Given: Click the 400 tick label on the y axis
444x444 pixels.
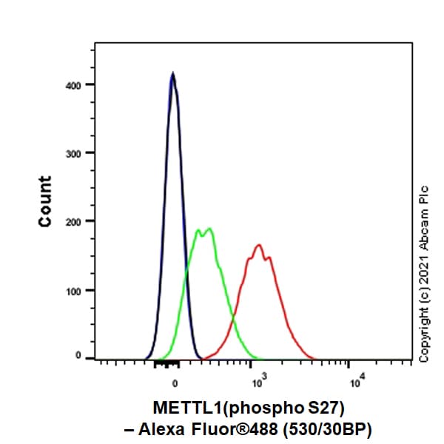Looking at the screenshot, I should click(x=74, y=84).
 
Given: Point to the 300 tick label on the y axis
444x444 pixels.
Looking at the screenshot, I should click(x=74, y=153).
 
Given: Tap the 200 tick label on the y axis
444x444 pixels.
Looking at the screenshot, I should click(x=74, y=221).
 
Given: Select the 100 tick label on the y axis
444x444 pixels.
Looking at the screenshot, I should click(x=74, y=290).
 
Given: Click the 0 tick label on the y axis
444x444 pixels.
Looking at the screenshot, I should click(x=79, y=356).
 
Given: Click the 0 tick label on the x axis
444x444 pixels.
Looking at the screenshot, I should click(x=175, y=383).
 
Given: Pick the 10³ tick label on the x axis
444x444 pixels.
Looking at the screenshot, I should click(x=258, y=382).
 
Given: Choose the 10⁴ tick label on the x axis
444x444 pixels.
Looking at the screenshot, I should click(x=355, y=382).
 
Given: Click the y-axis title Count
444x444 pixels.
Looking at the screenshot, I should click(x=46, y=201).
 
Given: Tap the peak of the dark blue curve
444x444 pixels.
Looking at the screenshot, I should click(x=172, y=73).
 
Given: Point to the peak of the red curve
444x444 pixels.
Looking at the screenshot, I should click(x=258, y=245).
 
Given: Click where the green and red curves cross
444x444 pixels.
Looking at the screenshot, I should click(x=233, y=320).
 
